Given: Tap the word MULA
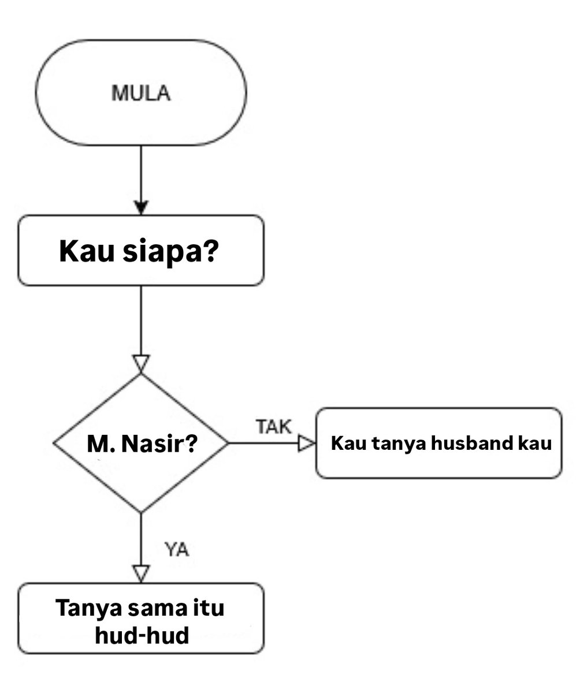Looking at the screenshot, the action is [x=141, y=94].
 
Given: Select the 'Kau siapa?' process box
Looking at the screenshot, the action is [x=141, y=250].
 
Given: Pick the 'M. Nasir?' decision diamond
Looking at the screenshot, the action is [x=141, y=443].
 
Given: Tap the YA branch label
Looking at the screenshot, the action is [x=177, y=550].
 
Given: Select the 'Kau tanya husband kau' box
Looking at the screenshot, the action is [x=439, y=443].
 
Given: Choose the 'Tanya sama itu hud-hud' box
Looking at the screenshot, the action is [x=141, y=619].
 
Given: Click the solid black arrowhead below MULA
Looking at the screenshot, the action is [x=141, y=207].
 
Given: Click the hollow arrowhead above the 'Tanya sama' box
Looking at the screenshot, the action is [x=141, y=573].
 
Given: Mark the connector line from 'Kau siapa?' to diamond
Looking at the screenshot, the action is [x=141, y=321].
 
